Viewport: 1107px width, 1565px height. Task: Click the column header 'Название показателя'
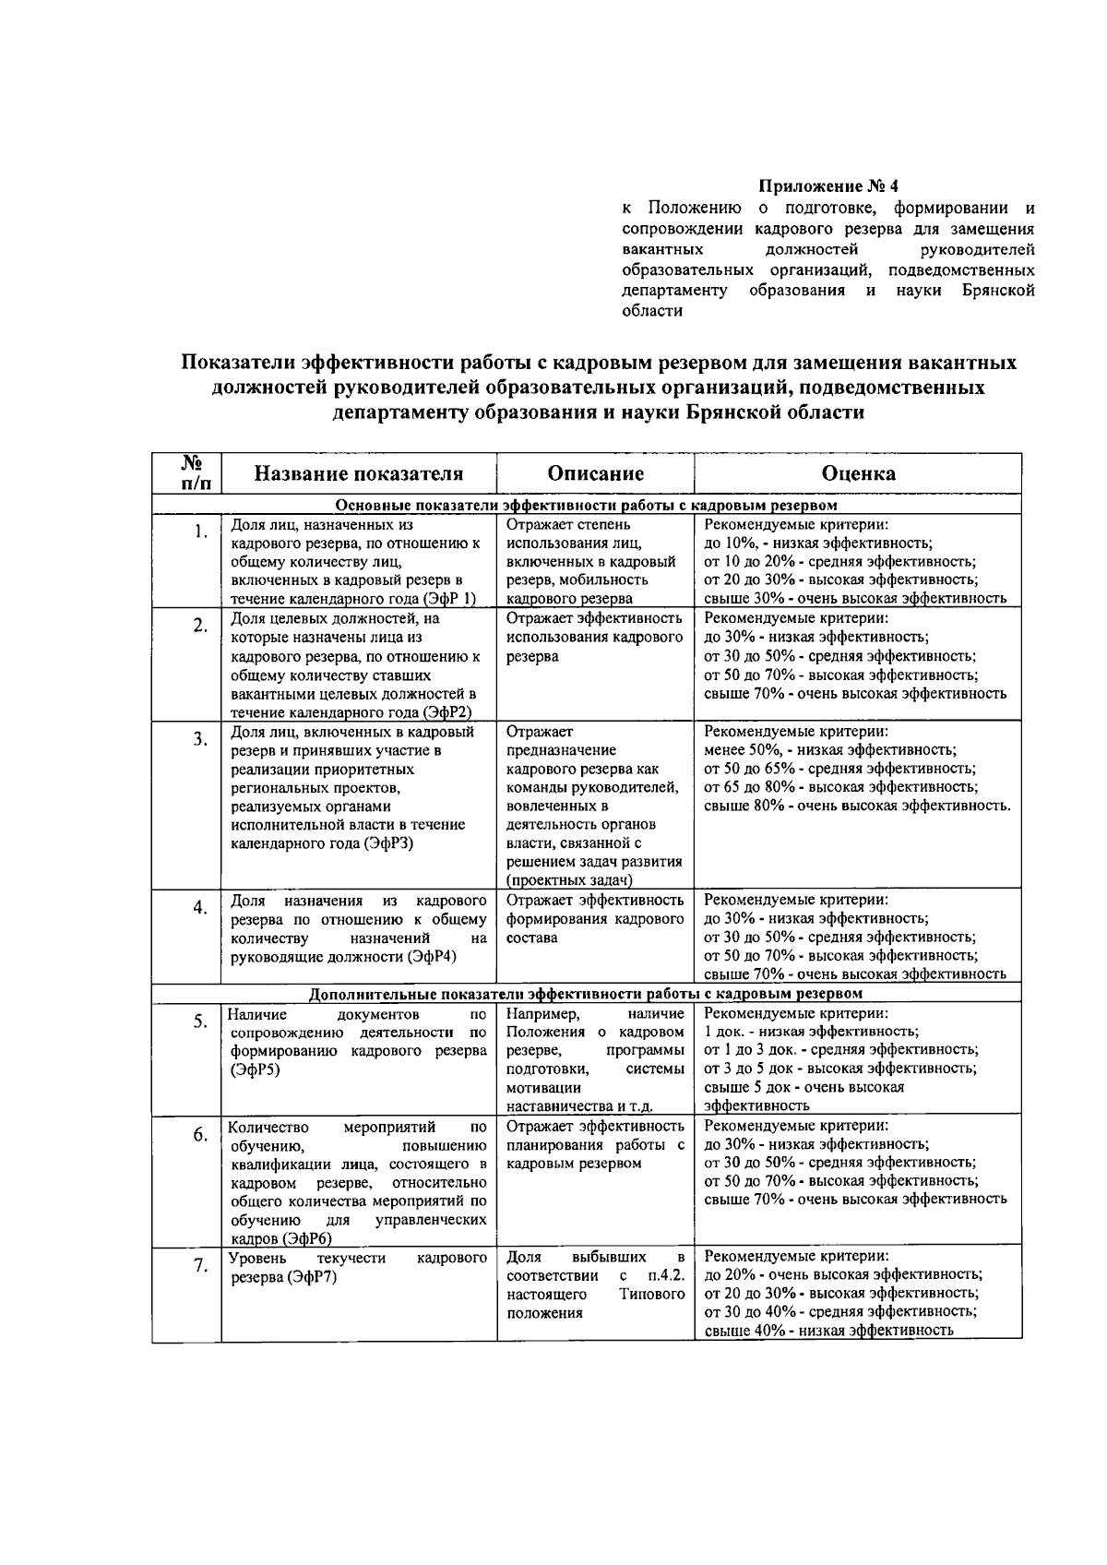coord(359,474)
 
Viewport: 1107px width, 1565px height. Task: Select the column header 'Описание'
coord(595,474)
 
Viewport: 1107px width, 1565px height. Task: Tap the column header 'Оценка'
coord(858,474)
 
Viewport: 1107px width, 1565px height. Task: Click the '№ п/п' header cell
coord(186,473)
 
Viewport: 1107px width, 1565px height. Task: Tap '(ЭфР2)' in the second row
coord(447,712)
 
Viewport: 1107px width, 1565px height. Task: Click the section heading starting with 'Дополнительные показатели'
coord(586,994)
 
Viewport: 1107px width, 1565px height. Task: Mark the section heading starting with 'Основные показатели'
coord(586,506)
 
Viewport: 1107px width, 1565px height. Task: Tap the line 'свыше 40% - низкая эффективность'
coord(828,1331)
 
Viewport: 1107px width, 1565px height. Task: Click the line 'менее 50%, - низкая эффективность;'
coord(830,750)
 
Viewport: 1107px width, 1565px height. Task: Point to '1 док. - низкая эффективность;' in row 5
coord(811,1032)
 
